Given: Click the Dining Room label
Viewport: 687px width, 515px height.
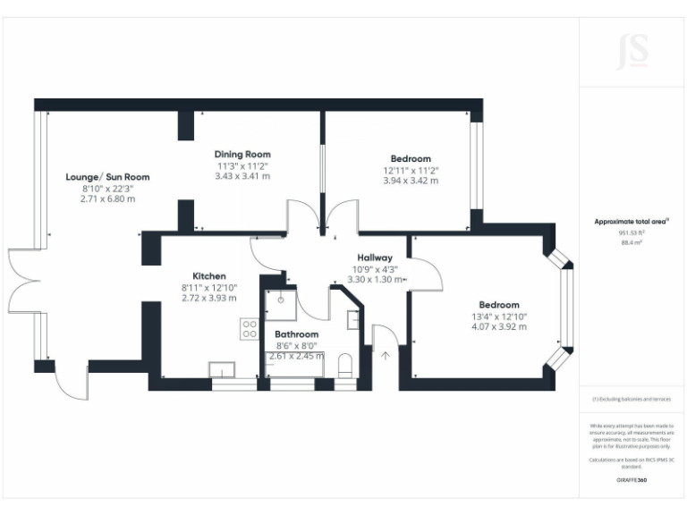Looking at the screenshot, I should click(x=242, y=154).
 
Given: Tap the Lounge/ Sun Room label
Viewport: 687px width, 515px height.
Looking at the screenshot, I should click(x=107, y=177).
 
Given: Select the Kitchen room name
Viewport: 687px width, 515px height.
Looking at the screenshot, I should click(x=209, y=275).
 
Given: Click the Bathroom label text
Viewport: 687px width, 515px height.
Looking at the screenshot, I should click(x=296, y=334).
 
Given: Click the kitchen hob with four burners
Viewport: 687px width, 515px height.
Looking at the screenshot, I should click(x=249, y=329).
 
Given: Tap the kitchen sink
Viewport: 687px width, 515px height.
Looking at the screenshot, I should click(x=220, y=369).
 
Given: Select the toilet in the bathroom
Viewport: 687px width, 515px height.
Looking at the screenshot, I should click(x=345, y=366).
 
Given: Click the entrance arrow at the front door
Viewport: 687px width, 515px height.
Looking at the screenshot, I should click(x=386, y=357).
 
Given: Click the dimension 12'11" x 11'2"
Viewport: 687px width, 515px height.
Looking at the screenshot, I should click(x=411, y=170).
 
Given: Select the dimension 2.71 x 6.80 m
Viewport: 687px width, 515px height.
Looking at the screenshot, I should click(x=107, y=198).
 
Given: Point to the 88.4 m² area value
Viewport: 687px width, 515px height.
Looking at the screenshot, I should click(x=632, y=241).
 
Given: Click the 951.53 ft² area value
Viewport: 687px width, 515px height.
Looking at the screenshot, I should click(x=632, y=232).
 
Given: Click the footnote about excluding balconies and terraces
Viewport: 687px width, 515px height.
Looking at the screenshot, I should click(x=632, y=399).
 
